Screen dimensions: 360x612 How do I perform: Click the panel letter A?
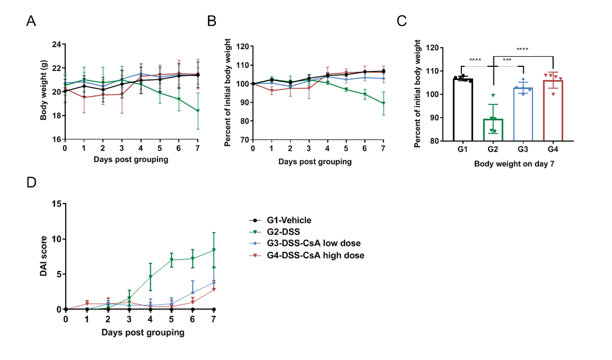click(32, 21)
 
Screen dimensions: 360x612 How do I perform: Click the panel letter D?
click(32, 183)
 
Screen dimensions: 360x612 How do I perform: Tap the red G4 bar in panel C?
click(553, 111)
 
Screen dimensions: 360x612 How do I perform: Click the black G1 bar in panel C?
click(463, 110)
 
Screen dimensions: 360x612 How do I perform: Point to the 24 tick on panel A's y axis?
click(56, 44)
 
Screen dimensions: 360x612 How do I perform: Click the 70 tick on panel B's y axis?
click(244, 139)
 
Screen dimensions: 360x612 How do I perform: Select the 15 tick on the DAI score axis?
click(56, 204)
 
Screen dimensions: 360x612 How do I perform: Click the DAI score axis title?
click(43, 256)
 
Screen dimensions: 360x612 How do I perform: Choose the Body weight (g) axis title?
click(43, 92)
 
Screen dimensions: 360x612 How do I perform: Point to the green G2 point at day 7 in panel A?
click(198, 111)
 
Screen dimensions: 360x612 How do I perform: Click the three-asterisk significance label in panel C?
click(507, 60)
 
